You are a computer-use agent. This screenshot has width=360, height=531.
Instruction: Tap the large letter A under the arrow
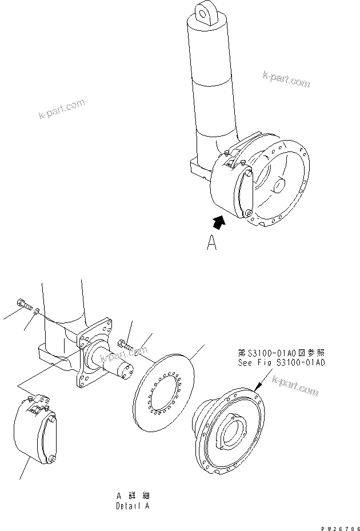click(212, 244)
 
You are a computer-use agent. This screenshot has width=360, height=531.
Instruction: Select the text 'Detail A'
click(132, 506)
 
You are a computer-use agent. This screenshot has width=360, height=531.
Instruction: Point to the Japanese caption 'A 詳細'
click(132, 496)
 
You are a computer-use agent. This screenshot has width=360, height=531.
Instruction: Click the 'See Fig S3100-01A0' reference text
click(282, 362)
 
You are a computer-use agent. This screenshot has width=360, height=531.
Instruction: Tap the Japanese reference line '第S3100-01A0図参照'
click(282, 352)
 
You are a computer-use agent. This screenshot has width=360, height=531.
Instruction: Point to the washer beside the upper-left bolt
click(37, 311)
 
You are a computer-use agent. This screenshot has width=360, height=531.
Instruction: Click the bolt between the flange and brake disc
click(125, 345)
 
